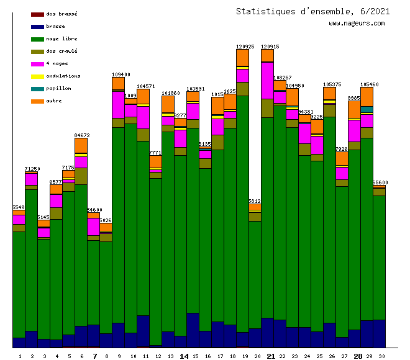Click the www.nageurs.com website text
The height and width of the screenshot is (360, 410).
coord(357,23)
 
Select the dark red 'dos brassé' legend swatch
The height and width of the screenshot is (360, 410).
coord(37,14)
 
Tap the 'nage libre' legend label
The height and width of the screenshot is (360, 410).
coord(61,38)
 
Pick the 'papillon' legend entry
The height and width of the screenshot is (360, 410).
coord(58,88)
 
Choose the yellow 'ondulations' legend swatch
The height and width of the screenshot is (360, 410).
coord(37,76)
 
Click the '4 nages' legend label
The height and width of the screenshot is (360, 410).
coord(57,63)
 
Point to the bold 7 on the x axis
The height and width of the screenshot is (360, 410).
coord(94,356)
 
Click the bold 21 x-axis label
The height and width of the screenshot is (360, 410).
coord(270,356)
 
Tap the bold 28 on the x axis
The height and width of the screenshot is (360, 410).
coord(358,356)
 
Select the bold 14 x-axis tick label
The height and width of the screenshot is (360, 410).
coord(184,356)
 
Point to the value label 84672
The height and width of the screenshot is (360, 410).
coord(81,135)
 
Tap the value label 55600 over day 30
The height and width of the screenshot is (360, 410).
coord(380,182)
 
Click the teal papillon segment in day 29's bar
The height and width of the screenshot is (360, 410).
coord(367,110)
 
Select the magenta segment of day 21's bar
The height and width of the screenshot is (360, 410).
coord(267,80)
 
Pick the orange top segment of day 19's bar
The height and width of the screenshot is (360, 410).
coord(242,57)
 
